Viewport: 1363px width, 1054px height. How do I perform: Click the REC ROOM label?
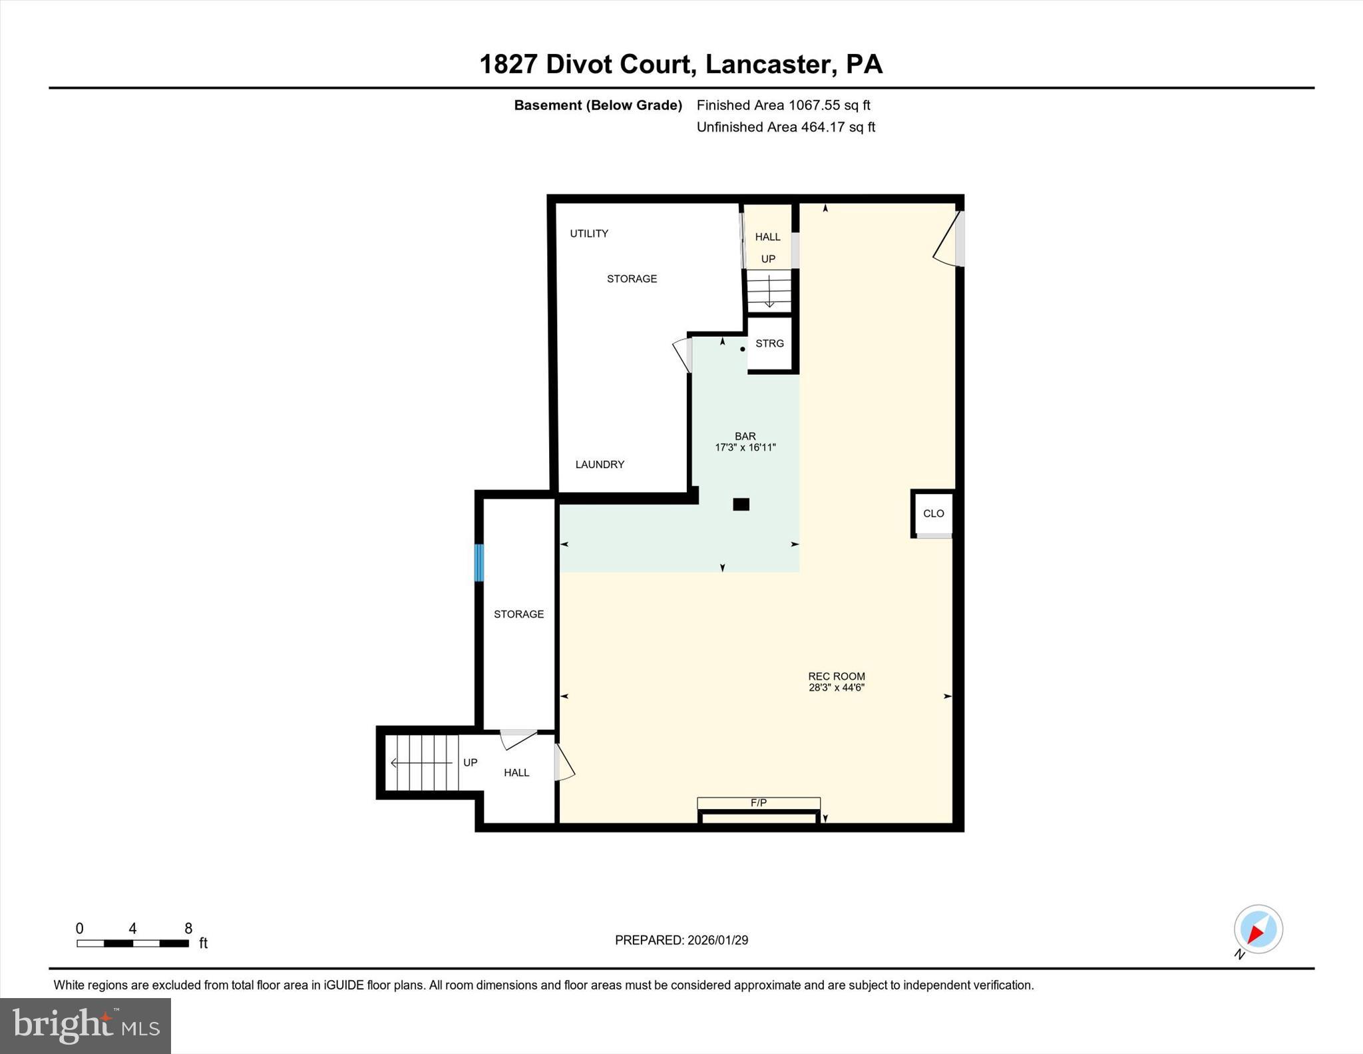(836, 676)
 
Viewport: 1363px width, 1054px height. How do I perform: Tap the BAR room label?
(745, 436)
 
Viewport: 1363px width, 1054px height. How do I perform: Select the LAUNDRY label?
(599, 464)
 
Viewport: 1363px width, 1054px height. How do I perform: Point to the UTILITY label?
(588, 233)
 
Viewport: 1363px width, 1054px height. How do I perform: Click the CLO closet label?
(933, 513)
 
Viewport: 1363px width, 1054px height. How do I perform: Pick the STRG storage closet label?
(769, 344)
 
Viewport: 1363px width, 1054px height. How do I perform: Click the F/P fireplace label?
(758, 803)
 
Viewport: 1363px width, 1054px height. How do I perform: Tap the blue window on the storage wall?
(479, 563)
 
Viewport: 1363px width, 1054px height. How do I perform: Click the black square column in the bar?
(741, 505)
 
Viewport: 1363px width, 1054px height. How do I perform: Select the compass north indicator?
(1257, 929)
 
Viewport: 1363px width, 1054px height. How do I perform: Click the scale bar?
(132, 943)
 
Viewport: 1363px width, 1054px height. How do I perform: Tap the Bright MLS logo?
(85, 1025)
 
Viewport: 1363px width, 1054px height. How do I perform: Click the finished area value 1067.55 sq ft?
(829, 105)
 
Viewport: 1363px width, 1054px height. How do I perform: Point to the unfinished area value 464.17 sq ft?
(837, 127)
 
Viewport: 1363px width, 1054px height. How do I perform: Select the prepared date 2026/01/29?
(717, 940)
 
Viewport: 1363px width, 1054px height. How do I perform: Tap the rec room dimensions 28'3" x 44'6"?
(836, 688)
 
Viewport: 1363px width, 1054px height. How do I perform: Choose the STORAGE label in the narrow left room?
(518, 614)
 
